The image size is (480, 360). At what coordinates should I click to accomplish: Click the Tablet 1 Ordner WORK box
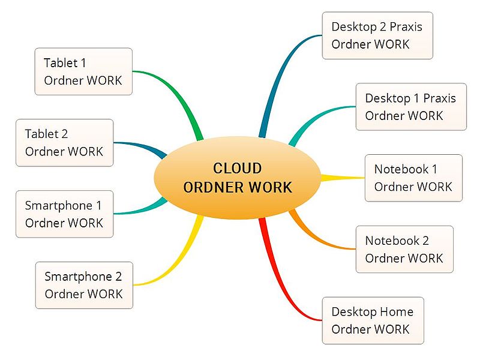[83, 71]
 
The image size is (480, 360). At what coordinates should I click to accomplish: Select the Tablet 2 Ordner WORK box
[65, 143]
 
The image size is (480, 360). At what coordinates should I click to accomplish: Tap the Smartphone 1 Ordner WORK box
[65, 214]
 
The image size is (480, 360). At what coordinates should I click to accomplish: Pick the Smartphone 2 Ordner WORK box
[84, 286]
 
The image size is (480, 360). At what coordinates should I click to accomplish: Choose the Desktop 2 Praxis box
[377, 35]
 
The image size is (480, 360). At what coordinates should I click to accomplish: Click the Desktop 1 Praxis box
[411, 107]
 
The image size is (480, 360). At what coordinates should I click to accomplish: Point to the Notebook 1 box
[413, 178]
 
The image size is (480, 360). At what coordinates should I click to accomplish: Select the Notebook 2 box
[404, 249]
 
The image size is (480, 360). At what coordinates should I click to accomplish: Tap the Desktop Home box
[373, 320]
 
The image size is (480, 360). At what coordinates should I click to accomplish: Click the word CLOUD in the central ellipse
[237, 169]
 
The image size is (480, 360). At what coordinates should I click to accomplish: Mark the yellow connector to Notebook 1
[342, 178]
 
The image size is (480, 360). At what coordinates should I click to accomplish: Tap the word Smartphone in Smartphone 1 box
[59, 205]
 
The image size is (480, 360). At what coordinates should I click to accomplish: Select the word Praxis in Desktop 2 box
[406, 27]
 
